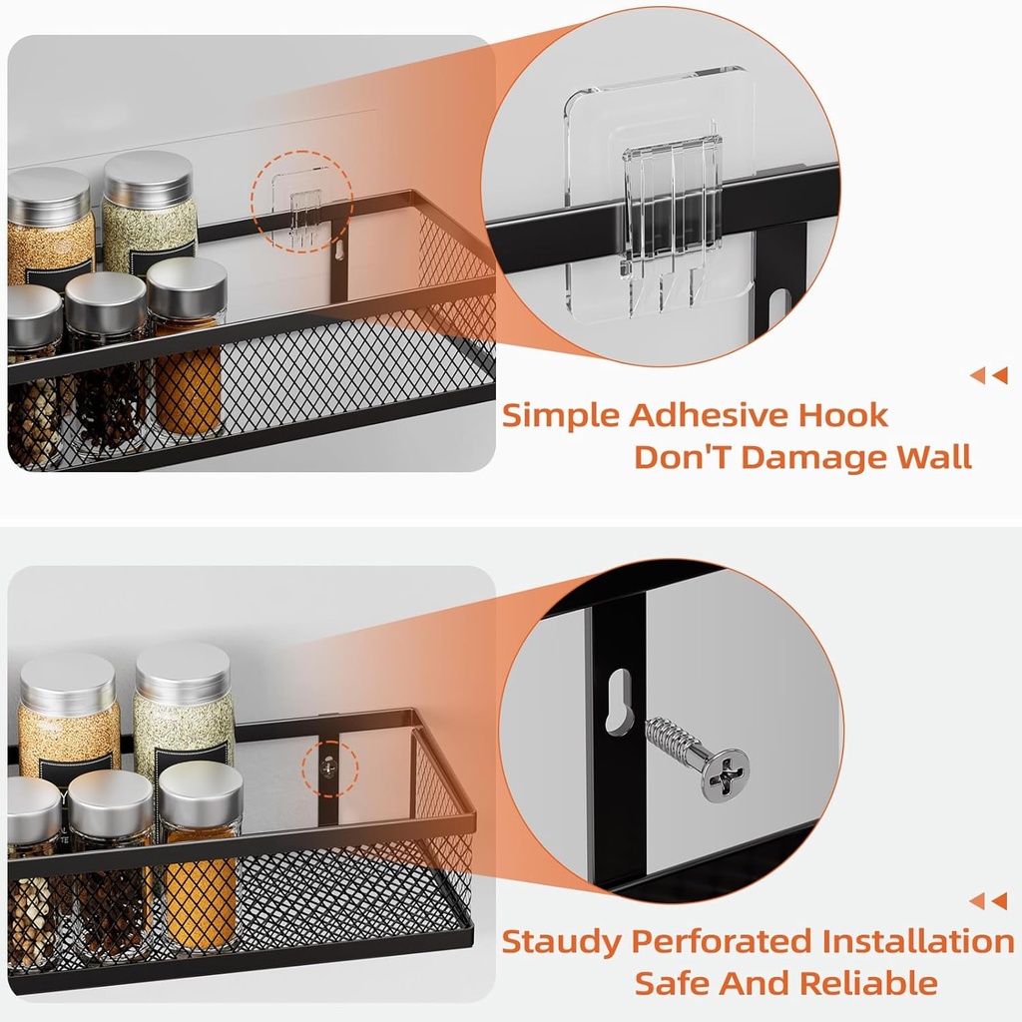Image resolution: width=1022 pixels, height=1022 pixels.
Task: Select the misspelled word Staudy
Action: [x=562, y=941]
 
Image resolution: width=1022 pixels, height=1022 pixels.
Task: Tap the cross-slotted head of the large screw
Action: [x=725, y=775]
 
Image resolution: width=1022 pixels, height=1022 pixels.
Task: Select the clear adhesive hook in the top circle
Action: [x=669, y=215]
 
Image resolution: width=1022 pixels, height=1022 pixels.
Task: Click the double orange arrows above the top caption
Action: [x=988, y=375]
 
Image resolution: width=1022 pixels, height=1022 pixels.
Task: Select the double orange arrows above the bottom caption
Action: [x=988, y=901]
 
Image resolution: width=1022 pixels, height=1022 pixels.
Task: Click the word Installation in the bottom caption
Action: [x=917, y=941]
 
